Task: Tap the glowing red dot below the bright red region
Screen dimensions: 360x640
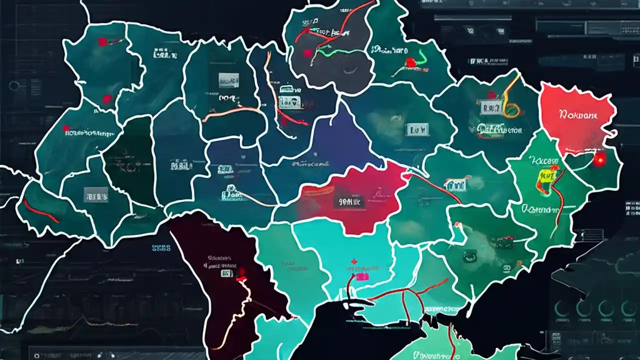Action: pos(598,159)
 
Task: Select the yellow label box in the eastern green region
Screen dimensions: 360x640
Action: pos(543,174)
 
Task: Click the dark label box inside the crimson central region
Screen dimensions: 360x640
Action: pos(348,202)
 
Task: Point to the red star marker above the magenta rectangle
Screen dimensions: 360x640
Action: pos(354,261)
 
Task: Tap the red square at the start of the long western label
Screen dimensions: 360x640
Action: pos(66,128)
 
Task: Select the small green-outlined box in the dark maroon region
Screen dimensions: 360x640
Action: pos(226,273)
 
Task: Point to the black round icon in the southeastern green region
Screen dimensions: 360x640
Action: pos(469,256)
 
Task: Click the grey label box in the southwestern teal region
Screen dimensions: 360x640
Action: pos(96,194)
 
